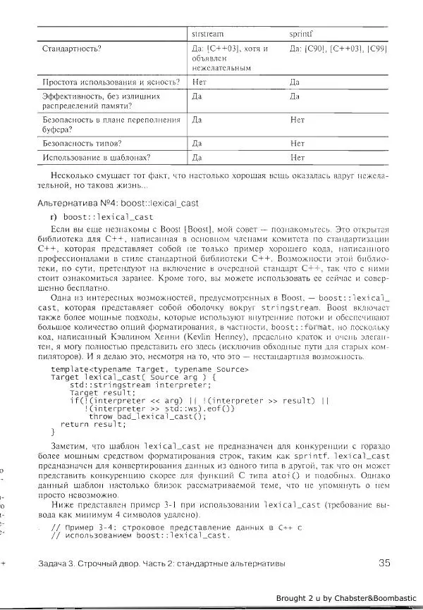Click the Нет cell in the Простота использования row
tap(200, 82)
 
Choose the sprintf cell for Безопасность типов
tap(297, 143)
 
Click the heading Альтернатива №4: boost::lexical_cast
tap(117, 203)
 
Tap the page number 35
tap(384, 562)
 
